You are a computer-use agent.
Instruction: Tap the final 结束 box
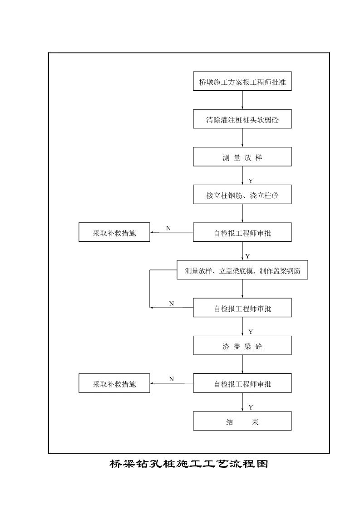pos(242,421)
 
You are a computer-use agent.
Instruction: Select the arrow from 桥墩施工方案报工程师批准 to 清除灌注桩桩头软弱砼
pos(242,100)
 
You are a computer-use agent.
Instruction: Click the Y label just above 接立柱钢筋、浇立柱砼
pos(251,181)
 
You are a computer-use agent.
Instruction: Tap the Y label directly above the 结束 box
pos(251,407)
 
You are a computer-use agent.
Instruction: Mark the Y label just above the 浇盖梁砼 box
pos(251,332)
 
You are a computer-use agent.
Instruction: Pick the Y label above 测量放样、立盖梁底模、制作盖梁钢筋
pos(247,257)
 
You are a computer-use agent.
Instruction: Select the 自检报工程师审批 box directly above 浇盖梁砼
pos(242,308)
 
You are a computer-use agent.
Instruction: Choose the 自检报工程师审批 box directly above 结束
pos(242,383)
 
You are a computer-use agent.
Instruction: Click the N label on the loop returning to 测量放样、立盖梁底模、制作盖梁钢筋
pos(172,303)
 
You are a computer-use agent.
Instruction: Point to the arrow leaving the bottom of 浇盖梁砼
pos(242,364)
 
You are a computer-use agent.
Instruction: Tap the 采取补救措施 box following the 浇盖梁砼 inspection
pos(114,383)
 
